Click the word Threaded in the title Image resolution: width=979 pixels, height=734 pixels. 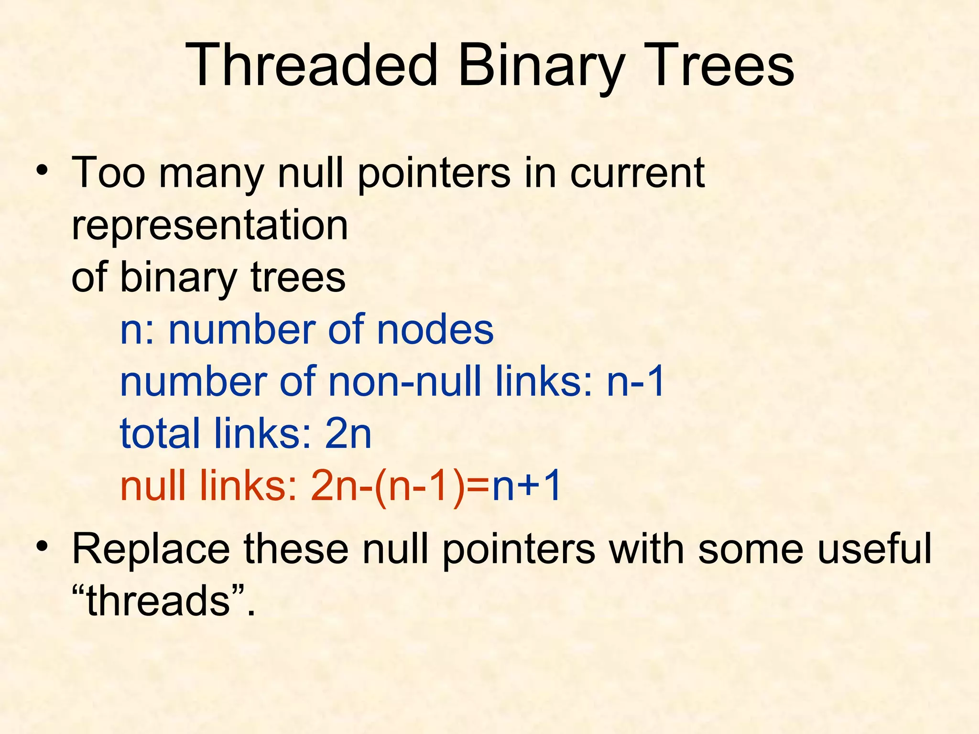point(312,65)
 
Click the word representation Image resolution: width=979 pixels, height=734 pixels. point(209,226)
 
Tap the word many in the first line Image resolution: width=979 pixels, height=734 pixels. point(211,173)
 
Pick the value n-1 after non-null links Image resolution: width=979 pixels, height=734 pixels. point(635,382)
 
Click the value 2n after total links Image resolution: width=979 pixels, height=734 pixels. point(348,434)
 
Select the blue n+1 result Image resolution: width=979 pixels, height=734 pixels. point(526,486)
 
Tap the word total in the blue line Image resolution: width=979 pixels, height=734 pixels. point(160,434)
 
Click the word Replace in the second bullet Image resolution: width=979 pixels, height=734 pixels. point(151,549)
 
